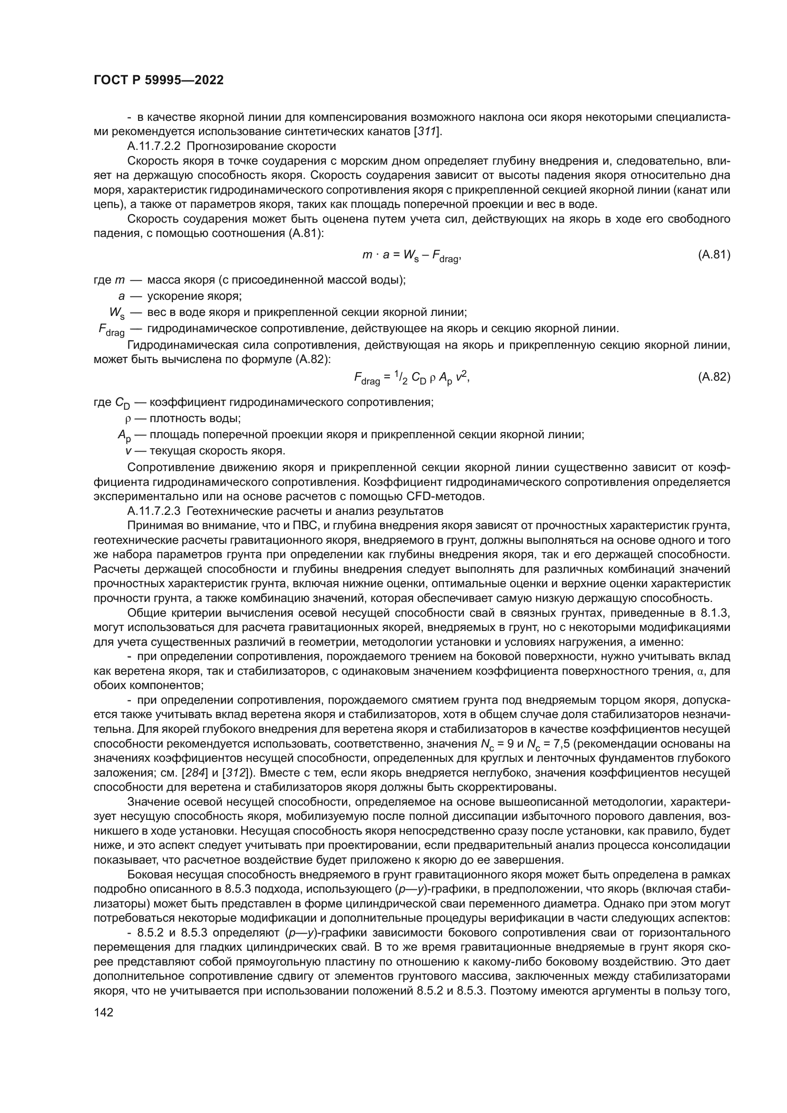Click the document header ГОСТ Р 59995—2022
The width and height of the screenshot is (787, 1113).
(158, 80)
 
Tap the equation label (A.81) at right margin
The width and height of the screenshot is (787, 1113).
(714, 255)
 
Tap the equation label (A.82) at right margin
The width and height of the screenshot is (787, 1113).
(714, 377)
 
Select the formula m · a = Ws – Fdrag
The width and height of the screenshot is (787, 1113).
(412, 256)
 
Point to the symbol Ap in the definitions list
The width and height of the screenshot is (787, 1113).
(124, 435)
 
